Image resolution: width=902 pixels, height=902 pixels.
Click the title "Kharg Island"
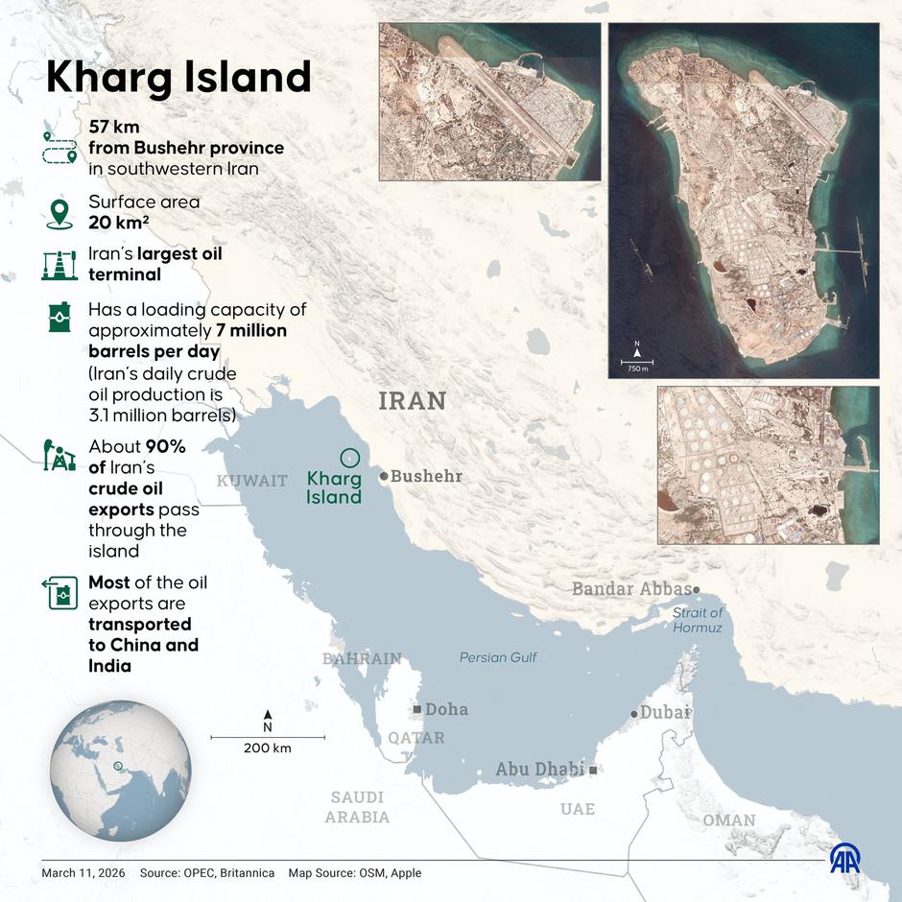point(178,78)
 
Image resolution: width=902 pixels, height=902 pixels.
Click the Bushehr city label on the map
point(426,476)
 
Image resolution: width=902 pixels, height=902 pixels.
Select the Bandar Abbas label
point(631,588)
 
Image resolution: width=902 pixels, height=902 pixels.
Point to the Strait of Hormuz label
point(698,620)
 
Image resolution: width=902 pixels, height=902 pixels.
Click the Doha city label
point(446,709)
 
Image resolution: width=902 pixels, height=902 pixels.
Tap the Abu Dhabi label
point(539,769)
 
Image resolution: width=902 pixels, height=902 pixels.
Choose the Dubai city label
point(665,712)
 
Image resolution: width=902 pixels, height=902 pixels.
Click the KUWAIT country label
point(252,481)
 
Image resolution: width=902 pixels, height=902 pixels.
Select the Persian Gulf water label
point(498,657)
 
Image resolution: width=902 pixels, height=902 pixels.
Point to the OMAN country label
point(728,820)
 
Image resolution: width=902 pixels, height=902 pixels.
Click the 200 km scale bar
point(268,737)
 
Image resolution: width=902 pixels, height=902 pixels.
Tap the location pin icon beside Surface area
point(59,212)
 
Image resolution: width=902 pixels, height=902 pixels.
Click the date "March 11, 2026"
point(83,873)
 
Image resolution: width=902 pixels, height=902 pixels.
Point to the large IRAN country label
point(413,400)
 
